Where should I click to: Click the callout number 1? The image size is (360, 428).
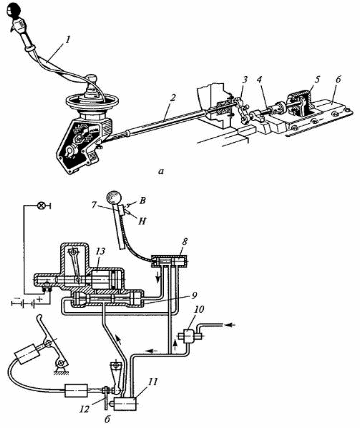point(68,40)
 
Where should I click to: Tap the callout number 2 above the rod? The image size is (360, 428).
point(172,98)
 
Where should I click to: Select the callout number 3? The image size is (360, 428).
point(245,80)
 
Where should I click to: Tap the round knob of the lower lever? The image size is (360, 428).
point(114,197)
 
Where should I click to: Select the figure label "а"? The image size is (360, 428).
point(162,172)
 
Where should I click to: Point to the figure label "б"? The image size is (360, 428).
point(107,419)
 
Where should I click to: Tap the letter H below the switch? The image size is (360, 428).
point(142,221)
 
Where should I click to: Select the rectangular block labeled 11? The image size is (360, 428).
point(126,404)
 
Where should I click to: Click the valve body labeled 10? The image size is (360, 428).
point(188,335)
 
